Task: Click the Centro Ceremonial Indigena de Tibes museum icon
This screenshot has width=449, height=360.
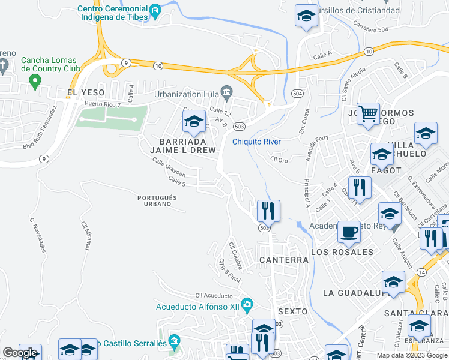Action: point(155,10)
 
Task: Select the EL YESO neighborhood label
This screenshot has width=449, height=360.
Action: point(86,92)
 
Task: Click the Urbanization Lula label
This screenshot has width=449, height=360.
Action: point(187,94)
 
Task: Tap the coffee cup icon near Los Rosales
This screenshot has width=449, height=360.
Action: point(349,232)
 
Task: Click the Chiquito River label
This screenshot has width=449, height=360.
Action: point(256,142)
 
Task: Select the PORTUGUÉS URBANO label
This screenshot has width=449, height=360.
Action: point(157,201)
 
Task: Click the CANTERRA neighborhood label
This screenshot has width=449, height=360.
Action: point(283,260)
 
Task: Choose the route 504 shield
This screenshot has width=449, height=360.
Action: point(297,94)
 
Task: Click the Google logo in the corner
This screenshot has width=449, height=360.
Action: point(20,353)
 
